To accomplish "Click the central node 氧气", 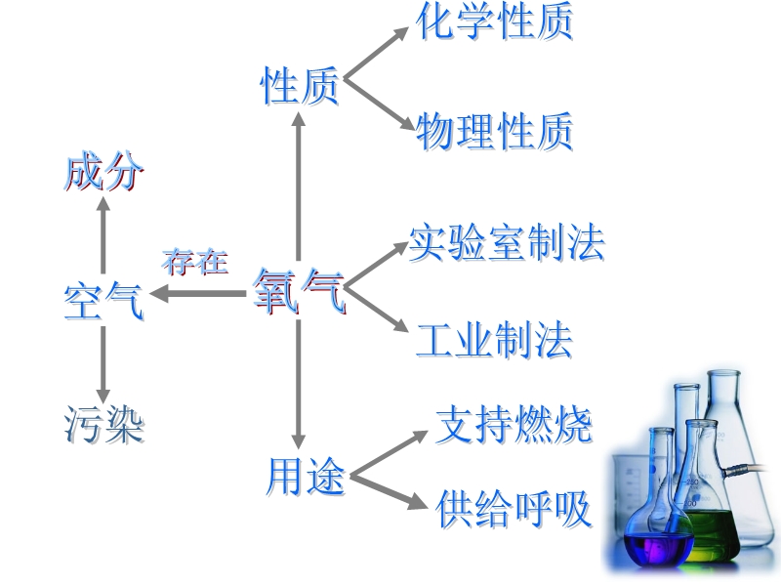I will [x=299, y=291].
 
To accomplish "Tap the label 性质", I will [x=299, y=85].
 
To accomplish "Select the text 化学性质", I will [x=494, y=21].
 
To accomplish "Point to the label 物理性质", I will [x=494, y=132].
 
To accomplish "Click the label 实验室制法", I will [x=506, y=241].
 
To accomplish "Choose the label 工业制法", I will [x=493, y=339].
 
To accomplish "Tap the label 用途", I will [x=306, y=478].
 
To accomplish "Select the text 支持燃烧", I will [x=514, y=425].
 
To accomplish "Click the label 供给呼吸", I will [x=514, y=508].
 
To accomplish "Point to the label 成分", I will [x=103, y=174].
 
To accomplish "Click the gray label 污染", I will [x=103, y=424].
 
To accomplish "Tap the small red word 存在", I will [x=195, y=262].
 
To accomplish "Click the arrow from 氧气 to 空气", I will [x=200, y=292].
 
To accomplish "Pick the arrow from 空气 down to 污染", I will [x=103, y=363].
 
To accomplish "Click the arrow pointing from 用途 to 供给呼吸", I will [x=390, y=492].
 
